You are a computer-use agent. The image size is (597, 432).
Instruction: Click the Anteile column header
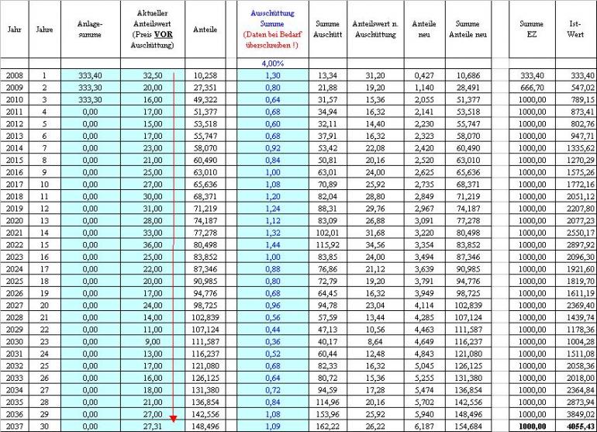point(207,29)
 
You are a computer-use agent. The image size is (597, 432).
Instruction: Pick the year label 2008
point(14,75)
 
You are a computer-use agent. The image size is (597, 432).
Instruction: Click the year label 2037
point(14,426)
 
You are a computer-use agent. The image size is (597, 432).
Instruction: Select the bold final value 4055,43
point(575,426)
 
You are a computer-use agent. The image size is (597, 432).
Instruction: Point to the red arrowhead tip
point(174,420)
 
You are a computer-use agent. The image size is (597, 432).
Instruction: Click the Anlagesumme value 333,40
point(89,75)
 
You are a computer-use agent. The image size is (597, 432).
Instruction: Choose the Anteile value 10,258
point(205,75)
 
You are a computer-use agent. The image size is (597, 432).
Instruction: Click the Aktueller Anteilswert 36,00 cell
point(153,244)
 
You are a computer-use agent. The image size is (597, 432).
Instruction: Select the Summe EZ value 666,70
point(531,88)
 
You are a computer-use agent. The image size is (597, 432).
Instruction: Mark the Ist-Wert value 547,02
point(575,88)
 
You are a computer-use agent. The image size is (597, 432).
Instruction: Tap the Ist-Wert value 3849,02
point(575,413)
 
